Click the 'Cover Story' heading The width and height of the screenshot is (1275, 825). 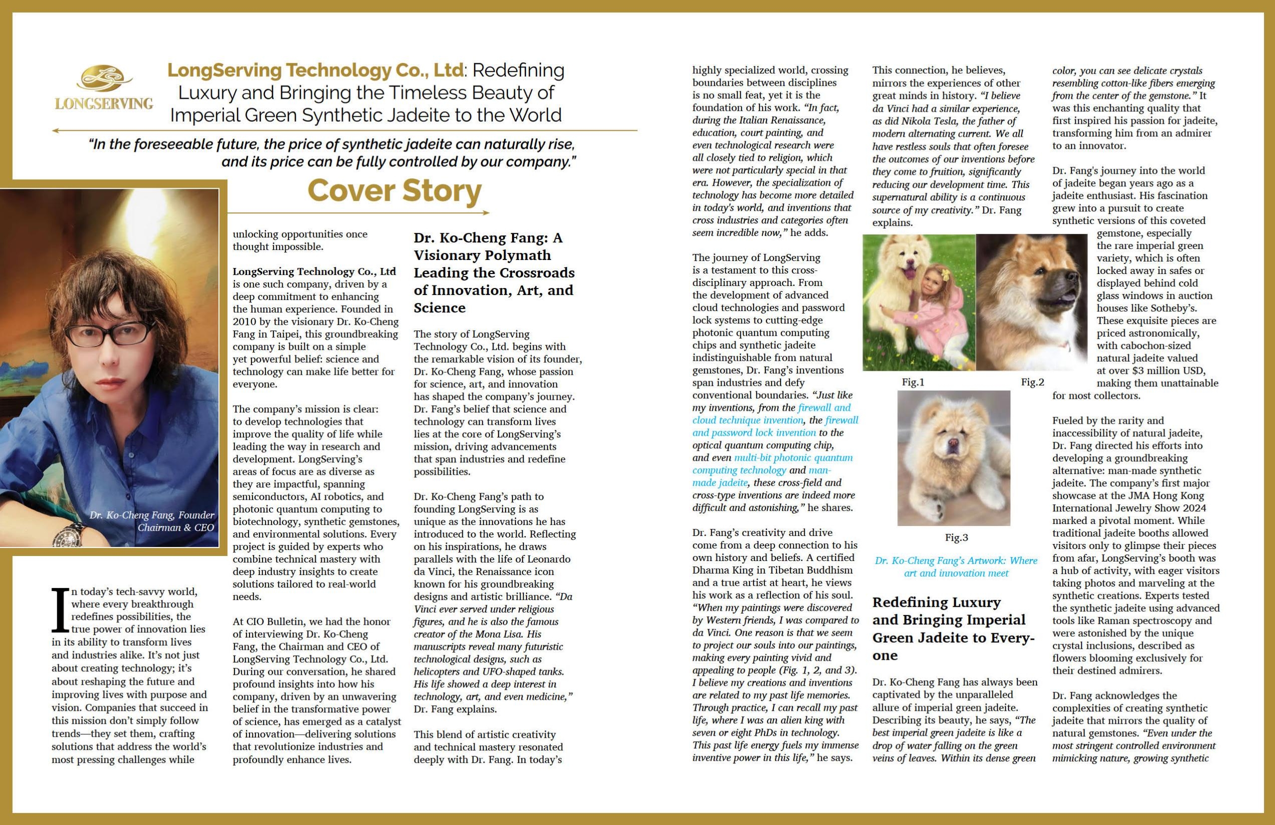[x=394, y=191]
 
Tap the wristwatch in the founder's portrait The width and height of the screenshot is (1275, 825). [x=68, y=534]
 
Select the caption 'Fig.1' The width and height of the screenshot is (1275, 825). [x=913, y=383]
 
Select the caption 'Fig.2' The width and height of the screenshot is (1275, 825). [x=1032, y=383]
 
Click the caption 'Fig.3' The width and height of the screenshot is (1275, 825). [x=956, y=537]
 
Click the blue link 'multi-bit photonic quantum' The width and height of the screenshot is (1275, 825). [x=793, y=458]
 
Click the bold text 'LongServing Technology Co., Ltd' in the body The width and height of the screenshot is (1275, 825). [x=314, y=271]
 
